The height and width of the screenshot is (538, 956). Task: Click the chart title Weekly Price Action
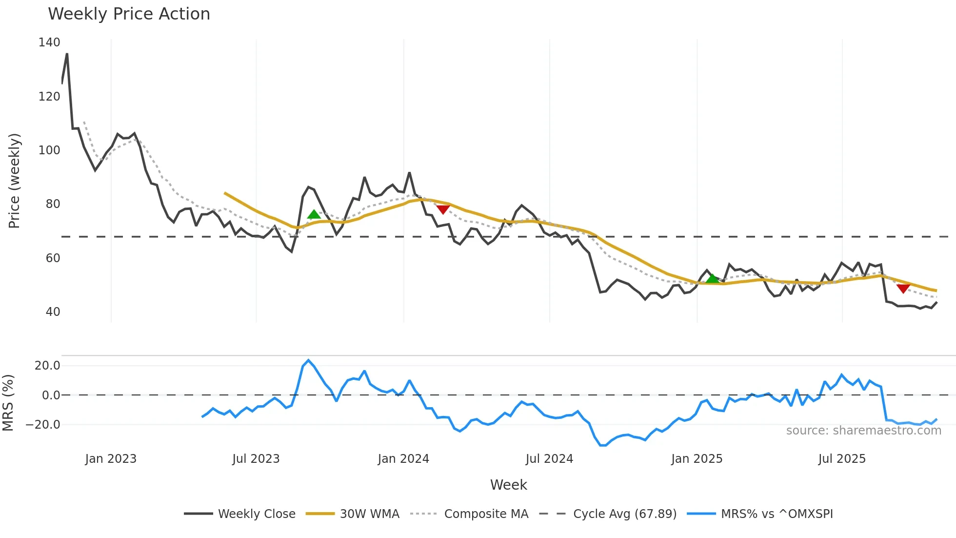click(129, 14)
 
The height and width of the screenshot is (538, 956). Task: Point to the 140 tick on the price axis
click(49, 42)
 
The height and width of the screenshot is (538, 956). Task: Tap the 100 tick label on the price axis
click(49, 150)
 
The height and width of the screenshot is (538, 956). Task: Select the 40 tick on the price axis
click(53, 312)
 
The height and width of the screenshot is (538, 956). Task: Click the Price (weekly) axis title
click(15, 181)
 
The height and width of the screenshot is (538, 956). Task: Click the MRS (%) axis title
click(8, 403)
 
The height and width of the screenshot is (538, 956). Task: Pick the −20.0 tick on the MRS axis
click(43, 425)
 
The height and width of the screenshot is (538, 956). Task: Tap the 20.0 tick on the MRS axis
click(47, 366)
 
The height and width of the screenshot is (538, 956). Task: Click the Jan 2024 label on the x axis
click(403, 459)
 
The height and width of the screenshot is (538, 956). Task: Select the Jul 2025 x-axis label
click(842, 459)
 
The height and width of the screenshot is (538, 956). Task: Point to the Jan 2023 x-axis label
click(111, 459)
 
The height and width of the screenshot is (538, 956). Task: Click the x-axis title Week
click(508, 485)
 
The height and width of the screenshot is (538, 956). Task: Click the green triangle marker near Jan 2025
click(713, 279)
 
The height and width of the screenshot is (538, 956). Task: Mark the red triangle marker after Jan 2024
click(443, 209)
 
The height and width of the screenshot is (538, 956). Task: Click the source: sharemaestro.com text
click(863, 431)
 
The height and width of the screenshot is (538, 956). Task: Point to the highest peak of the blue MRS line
click(308, 360)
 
